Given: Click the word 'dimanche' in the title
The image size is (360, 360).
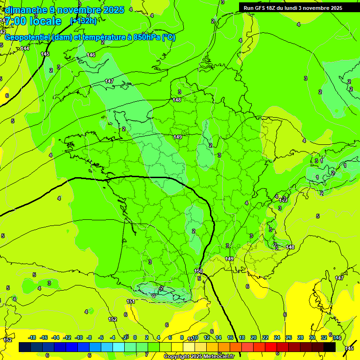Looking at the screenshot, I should pyautogui.click(x=26, y=10).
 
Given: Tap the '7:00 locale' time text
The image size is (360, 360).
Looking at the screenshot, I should pyautogui.click(x=33, y=21).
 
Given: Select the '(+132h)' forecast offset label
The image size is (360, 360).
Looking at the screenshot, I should pyautogui.click(x=83, y=21).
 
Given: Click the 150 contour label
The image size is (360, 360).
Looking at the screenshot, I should pyautogui.click(x=198, y=271).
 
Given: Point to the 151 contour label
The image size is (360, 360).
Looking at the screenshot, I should pyautogui.click(x=131, y=301).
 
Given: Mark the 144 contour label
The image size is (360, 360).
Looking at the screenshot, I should pyautogui.click(x=25, y=48).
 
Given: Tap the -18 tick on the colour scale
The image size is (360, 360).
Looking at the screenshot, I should pyautogui.click(x=32, y=337).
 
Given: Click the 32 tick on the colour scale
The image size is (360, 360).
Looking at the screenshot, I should pyautogui.click(x=323, y=337).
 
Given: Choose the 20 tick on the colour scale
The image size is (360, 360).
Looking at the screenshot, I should pyautogui.click(x=254, y=337).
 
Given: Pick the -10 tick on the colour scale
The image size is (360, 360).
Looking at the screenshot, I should pyautogui.click(x=79, y=337).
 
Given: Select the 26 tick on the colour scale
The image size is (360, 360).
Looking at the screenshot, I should pyautogui.click(x=288, y=337).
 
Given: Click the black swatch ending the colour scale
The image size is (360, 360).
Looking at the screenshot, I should pyautogui.click(x=330, y=347).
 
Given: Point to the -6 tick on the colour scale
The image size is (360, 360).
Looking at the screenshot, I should pyautogui.click(x=101, y=337).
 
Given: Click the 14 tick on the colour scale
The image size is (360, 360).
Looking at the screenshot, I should pyautogui.click(x=218, y=337).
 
